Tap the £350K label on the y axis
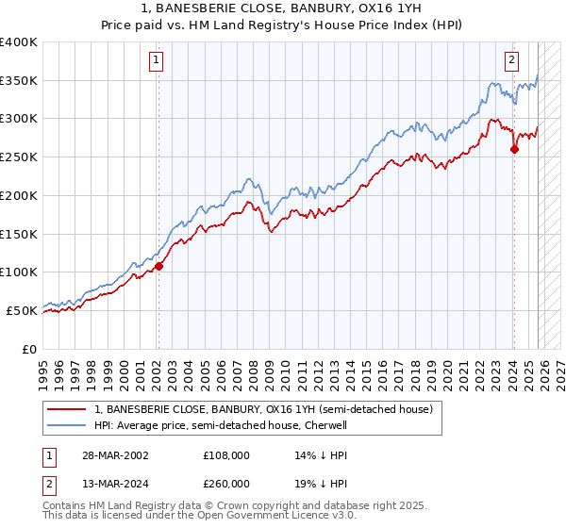click(18, 81)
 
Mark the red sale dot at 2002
click(158, 266)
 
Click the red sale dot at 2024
click(514, 149)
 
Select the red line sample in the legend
click(66, 410)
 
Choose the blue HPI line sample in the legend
click(66, 426)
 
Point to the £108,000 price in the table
click(226, 455)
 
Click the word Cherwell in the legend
click(326, 426)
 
